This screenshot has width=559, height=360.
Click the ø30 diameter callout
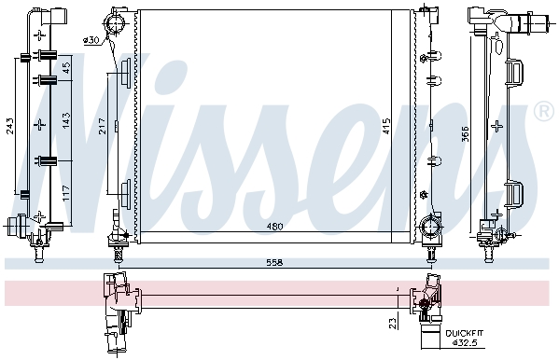click(x=91, y=40)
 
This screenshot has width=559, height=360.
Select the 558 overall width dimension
click(x=274, y=263)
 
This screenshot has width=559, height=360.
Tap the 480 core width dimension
click(x=274, y=227)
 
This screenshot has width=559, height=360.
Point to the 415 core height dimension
click(x=386, y=126)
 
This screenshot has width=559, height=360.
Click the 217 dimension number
click(x=102, y=126)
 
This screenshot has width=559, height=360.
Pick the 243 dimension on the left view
click(x=10, y=126)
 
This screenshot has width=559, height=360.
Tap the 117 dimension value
click(x=66, y=193)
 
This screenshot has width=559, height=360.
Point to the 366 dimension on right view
click(x=466, y=134)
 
